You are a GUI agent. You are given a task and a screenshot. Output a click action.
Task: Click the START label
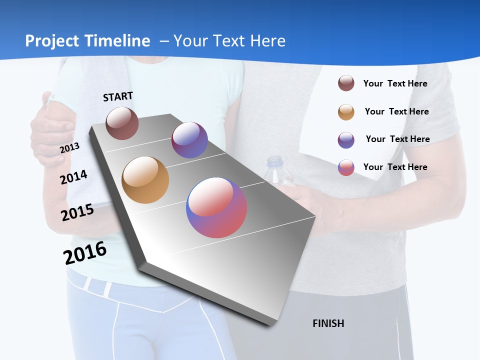click(118, 96)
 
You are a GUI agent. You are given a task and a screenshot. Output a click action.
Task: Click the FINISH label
click(328, 323)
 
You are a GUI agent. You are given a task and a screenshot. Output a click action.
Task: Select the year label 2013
click(69, 147)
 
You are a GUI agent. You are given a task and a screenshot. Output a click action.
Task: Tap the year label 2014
click(73, 177)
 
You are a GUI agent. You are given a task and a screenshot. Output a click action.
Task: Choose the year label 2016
click(85, 253)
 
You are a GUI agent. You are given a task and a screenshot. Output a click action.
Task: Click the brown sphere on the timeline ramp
click(122, 123)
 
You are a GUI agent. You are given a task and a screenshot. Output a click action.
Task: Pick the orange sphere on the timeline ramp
click(145, 180)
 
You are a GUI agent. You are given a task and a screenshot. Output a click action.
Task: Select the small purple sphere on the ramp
click(189, 140)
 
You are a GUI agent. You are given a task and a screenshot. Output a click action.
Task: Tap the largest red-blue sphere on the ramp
click(216, 207)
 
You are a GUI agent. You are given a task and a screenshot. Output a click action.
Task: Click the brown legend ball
click(346, 83)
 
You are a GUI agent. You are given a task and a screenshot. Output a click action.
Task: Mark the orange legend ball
click(346, 112)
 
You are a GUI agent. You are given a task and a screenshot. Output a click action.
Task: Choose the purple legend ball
click(346, 140)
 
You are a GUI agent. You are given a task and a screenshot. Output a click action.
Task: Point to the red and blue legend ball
click(346, 167)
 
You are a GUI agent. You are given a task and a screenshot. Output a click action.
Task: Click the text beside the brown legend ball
click(395, 83)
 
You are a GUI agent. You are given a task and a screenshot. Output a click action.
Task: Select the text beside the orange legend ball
click(396, 111)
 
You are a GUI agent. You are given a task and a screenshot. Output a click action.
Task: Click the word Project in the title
click(51, 41)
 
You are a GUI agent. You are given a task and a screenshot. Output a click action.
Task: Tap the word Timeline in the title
click(118, 41)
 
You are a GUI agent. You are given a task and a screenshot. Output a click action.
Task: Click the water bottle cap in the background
click(274, 161)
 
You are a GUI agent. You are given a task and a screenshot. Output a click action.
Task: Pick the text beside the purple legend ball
click(397, 139)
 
